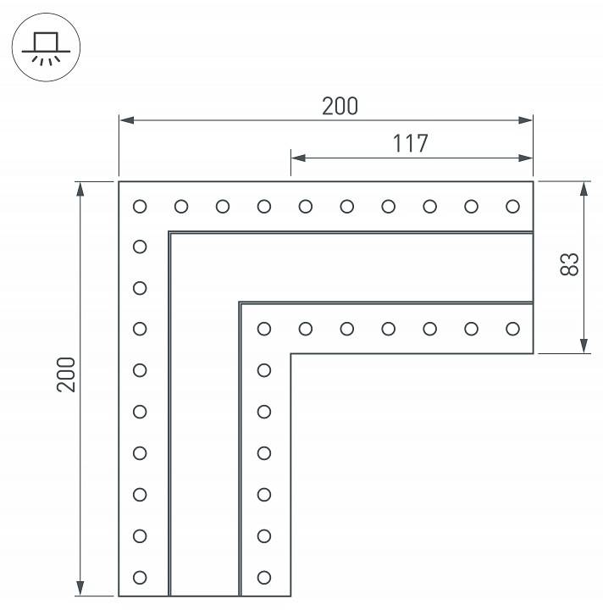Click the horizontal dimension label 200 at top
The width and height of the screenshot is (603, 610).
click(340, 106)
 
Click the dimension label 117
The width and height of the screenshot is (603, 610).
click(410, 143)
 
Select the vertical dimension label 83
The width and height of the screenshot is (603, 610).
click(569, 264)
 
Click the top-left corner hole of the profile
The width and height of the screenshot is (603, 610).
click(140, 206)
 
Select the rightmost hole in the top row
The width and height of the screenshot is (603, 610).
click(512, 206)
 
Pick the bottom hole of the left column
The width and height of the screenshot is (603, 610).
click(140, 577)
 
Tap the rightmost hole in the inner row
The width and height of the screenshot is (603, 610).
click(512, 328)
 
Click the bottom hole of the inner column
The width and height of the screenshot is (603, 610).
click(264, 577)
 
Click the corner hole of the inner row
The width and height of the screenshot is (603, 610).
click(264, 328)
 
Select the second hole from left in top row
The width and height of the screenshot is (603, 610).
click(181, 206)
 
